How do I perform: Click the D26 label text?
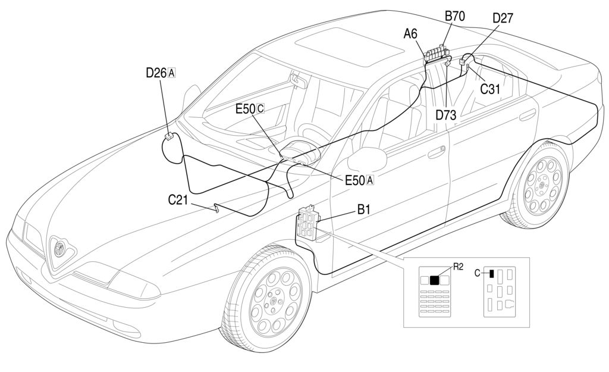point(156,73)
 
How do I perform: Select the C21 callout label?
point(178,200)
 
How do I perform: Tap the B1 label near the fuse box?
point(363,210)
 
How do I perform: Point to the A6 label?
point(410,35)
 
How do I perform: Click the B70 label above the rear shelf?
point(455,16)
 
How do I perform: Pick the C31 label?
point(490,89)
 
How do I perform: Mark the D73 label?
point(445,115)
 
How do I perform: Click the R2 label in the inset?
point(458,267)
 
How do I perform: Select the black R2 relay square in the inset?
point(434,280)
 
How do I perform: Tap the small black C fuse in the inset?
point(492,274)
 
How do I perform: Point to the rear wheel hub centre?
point(542,186)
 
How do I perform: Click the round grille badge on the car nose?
point(59,248)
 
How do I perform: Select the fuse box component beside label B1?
point(308,223)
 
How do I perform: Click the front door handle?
point(437,152)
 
